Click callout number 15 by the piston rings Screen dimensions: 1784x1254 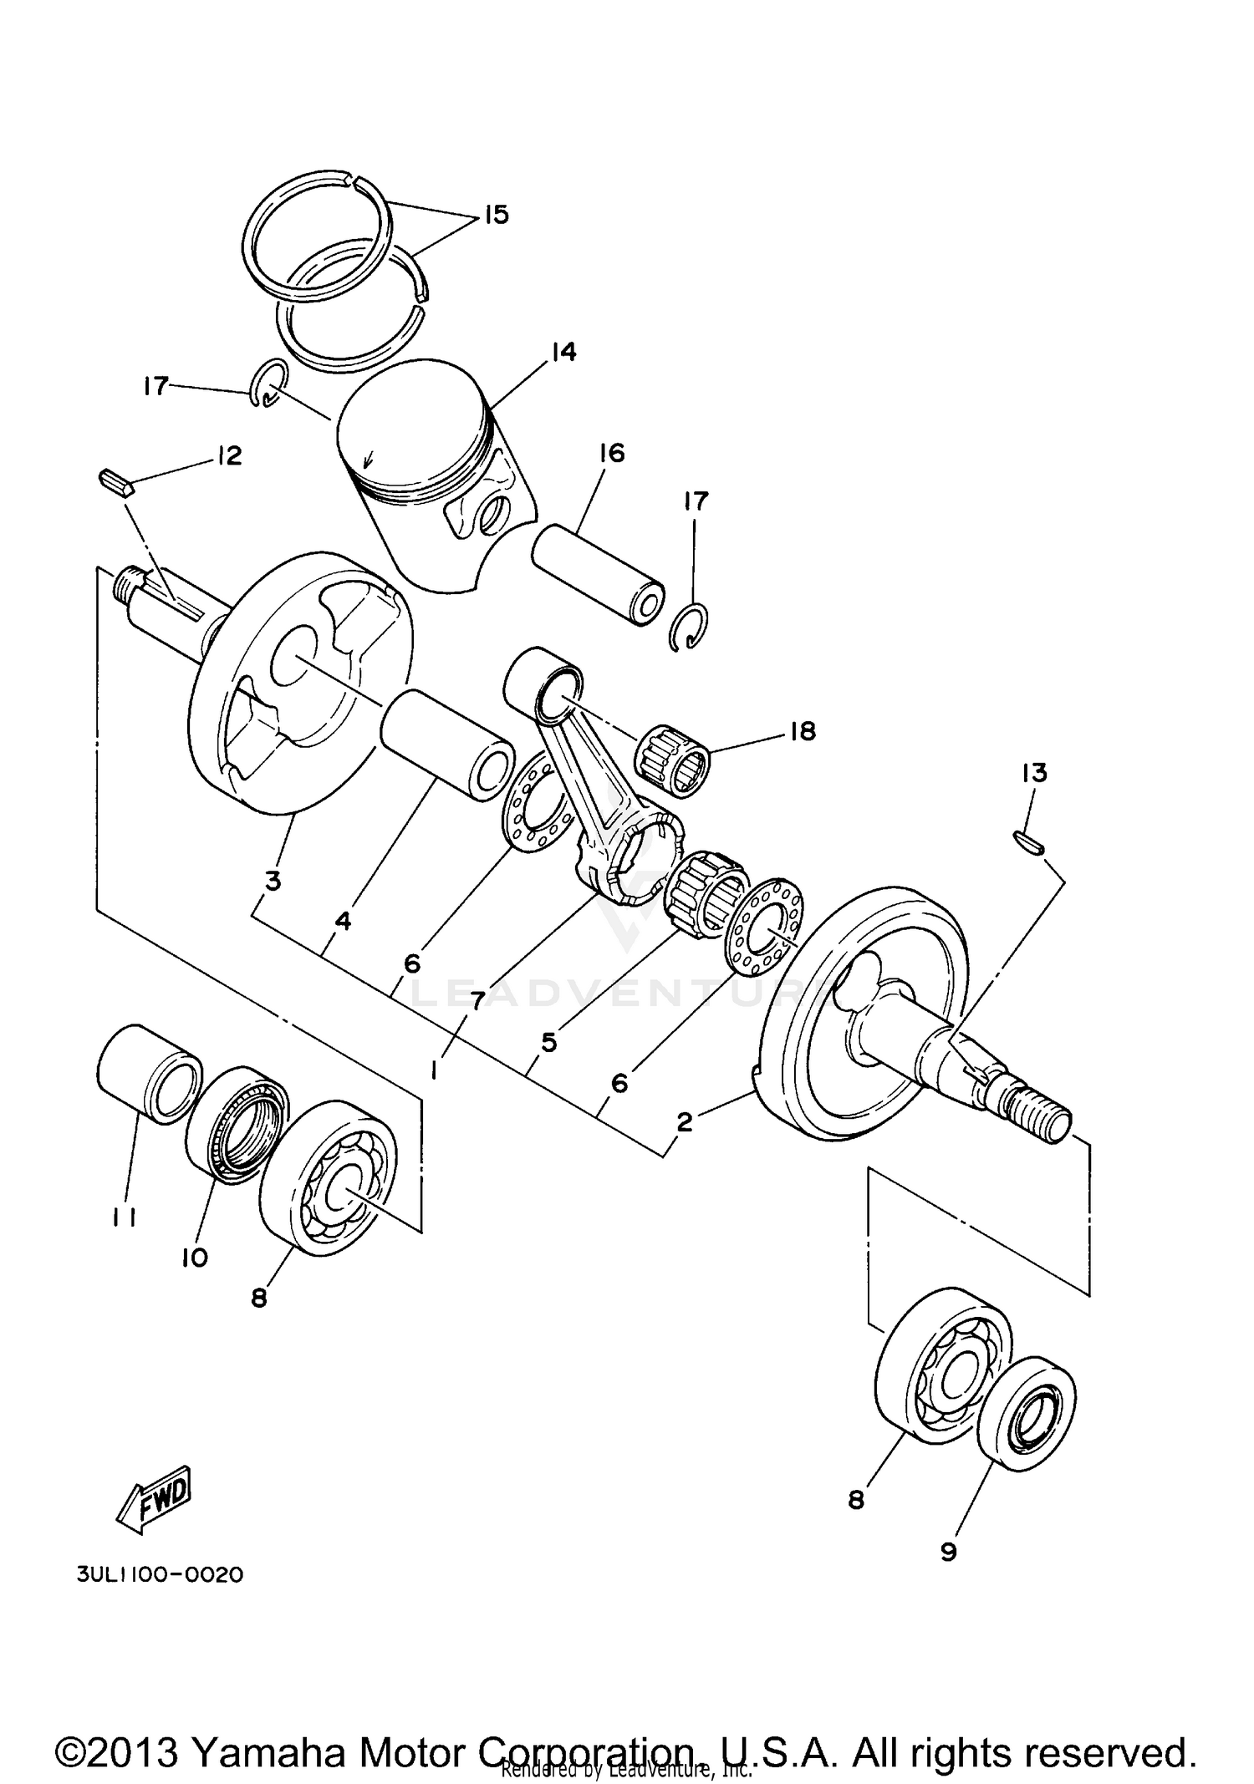(496, 215)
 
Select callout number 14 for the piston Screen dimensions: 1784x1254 (563, 353)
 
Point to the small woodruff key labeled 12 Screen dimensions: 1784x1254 (115, 483)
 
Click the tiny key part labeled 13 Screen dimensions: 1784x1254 (1028, 842)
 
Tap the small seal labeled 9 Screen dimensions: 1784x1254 (1027, 1406)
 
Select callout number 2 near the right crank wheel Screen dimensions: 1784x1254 (684, 1122)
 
